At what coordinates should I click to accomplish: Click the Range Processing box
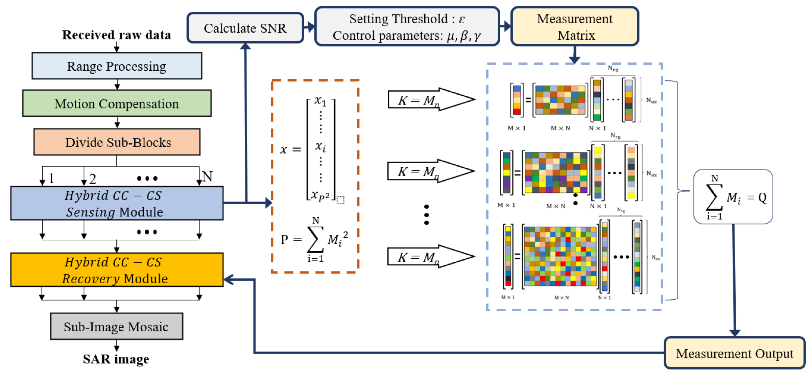pos(117,66)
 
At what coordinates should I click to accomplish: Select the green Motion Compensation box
pos(117,103)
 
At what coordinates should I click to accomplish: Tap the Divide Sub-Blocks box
pos(117,142)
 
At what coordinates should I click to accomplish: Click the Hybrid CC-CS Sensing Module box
pos(117,204)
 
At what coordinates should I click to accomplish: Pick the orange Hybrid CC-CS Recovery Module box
pos(117,270)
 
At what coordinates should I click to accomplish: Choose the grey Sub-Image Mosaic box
pos(117,327)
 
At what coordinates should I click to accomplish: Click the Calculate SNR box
pos(245,28)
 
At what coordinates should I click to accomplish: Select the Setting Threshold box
pos(407,27)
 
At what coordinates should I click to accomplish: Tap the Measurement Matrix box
pos(574,27)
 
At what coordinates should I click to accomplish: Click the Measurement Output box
pos(734,353)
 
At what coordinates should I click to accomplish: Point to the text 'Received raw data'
pos(117,35)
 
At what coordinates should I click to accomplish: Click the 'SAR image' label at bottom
pos(116,359)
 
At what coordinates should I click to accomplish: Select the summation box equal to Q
pos(733,197)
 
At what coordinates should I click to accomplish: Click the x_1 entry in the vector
pos(320,101)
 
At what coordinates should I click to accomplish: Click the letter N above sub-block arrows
pos(207,176)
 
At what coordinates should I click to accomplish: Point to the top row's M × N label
pos(560,128)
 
